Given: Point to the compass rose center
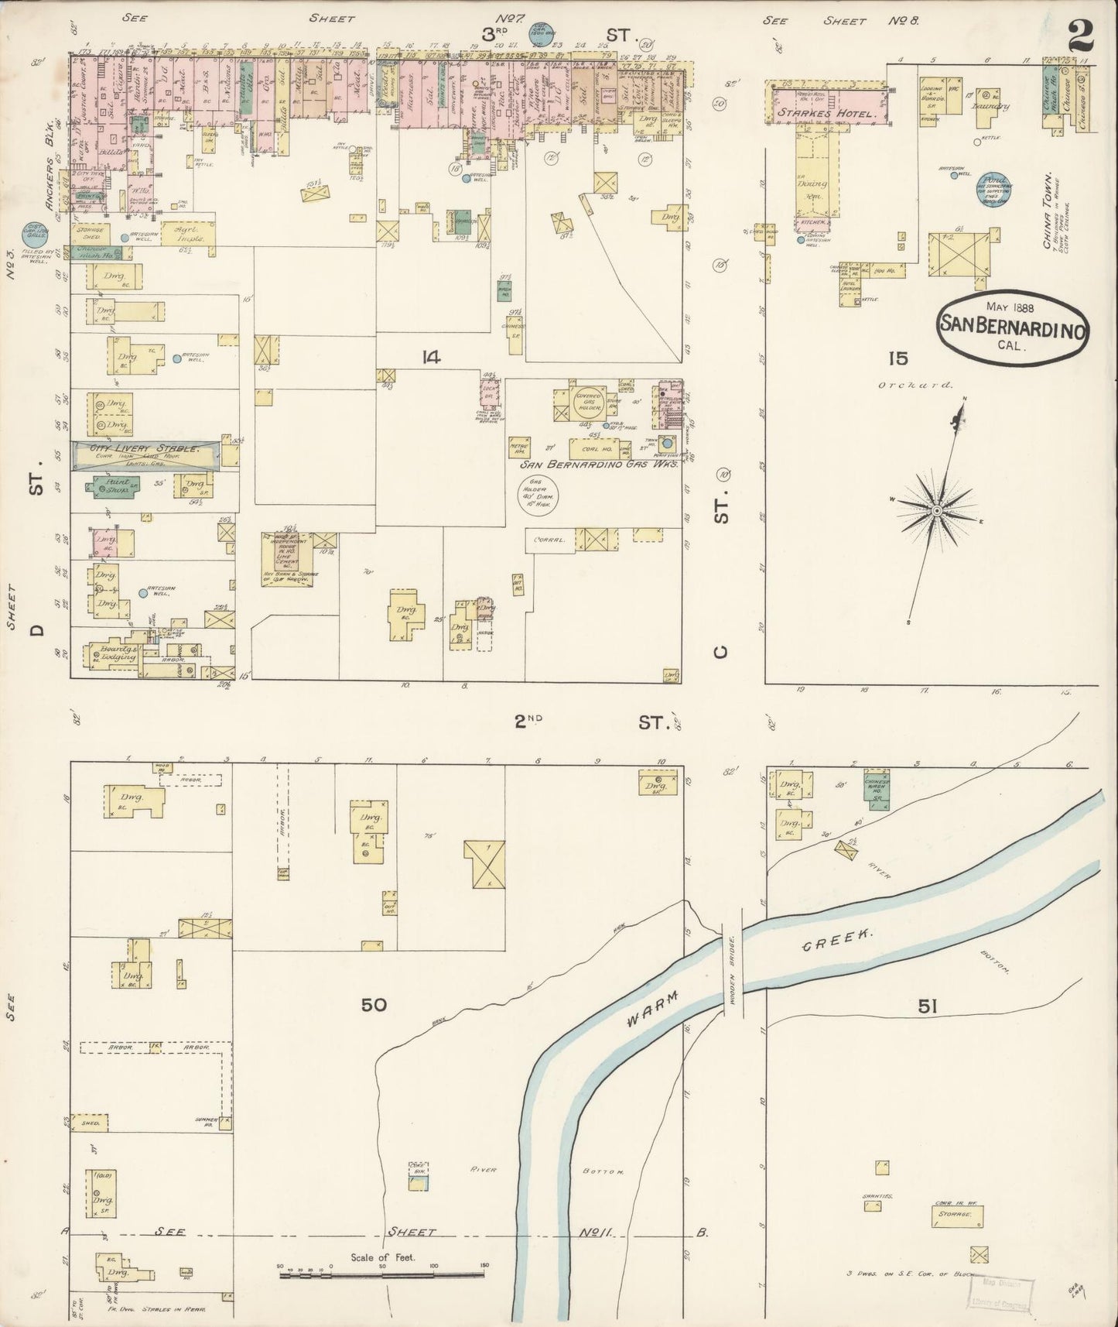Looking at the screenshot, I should coord(936,510).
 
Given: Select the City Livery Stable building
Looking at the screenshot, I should coord(147,454).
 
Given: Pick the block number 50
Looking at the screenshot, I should coord(374,1005).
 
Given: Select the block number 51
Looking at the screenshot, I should coord(928,1006).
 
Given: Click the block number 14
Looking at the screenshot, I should coord(431,357).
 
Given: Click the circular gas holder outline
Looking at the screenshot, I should coord(539,495).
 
